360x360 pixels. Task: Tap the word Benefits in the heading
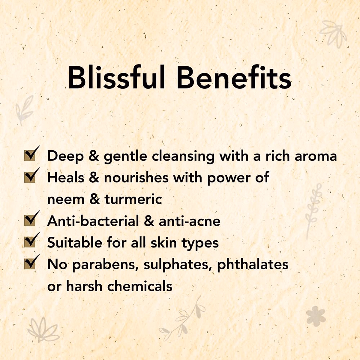coord(234,77)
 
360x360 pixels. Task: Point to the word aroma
coord(316,156)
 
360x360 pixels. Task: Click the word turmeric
coord(133,199)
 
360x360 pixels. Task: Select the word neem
coord(66,199)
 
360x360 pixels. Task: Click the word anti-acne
coord(190,221)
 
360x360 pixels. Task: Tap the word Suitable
coord(75,242)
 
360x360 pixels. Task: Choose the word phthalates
coord(253,265)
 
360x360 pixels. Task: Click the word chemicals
coord(140,286)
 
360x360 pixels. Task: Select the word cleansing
coord(183,156)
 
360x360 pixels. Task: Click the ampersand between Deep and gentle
coord(94,156)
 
